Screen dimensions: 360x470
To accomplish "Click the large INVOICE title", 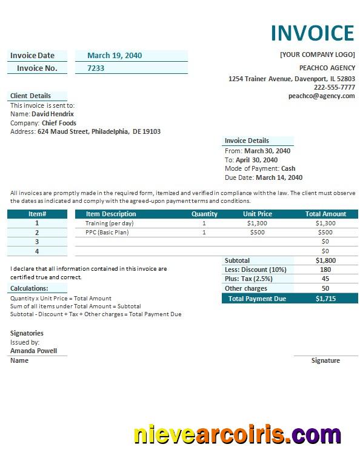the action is click(x=312, y=33).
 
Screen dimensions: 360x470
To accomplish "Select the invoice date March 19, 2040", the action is click(x=115, y=56).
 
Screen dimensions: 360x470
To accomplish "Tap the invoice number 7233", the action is click(x=96, y=68).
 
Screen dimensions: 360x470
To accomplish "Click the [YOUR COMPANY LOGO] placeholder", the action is click(x=317, y=55).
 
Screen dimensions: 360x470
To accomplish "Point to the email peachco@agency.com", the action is click(x=321, y=96).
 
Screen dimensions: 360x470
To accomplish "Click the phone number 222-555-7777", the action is click(x=334, y=87).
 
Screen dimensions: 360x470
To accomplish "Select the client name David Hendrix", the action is click(x=53, y=114).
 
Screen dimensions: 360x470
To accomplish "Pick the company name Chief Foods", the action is click(x=59, y=123).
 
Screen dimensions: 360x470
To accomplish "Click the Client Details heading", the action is click(x=30, y=96).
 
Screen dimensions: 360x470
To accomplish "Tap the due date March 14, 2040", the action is click(x=279, y=178).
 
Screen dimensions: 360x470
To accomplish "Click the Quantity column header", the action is click(x=204, y=214).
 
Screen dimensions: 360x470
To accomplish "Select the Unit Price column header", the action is click(x=258, y=214).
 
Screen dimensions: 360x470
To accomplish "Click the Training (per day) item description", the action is click(x=109, y=223).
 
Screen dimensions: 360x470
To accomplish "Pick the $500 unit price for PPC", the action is click(x=257, y=233).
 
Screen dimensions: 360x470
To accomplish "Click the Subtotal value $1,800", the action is click(x=325, y=260).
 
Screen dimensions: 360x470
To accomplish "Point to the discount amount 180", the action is click(x=325, y=270).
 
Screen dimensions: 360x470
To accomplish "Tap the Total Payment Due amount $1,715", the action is click(x=325, y=299).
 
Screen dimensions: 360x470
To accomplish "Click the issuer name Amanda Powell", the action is click(x=33, y=351).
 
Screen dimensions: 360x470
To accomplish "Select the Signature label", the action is click(x=325, y=360).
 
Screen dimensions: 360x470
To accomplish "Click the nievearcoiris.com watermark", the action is click(x=237, y=434).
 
